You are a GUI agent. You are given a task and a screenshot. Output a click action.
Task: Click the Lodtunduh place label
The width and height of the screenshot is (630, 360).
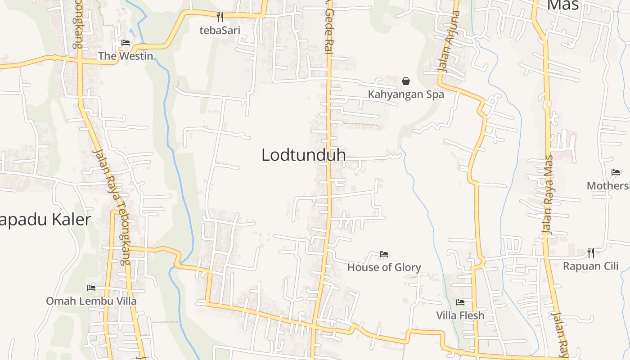click(x=304, y=155)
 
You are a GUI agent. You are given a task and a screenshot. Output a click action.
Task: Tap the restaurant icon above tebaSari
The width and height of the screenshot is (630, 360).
click(x=220, y=17)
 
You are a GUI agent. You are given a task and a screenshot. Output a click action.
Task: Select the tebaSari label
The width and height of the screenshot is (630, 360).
click(x=220, y=31)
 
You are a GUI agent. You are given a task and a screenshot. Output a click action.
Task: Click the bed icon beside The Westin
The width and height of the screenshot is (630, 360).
click(x=126, y=43)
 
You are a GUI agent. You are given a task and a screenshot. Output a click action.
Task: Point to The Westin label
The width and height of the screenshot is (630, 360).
click(x=126, y=56)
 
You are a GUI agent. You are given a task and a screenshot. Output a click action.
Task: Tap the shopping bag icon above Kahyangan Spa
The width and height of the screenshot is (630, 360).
click(x=406, y=81)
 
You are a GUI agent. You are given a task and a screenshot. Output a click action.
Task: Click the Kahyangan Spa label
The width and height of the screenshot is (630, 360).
click(x=406, y=94)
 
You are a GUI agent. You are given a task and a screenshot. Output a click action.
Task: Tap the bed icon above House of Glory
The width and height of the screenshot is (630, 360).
click(x=384, y=254)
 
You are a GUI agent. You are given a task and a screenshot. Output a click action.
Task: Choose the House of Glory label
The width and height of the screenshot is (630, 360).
click(x=384, y=267)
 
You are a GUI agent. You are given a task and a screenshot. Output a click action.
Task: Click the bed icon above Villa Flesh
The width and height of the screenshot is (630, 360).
click(x=460, y=302)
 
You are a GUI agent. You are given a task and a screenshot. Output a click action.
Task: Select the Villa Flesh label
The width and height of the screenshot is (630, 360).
click(x=460, y=315)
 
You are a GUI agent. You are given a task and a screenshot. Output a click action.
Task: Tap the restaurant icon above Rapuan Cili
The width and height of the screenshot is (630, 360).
click(x=591, y=252)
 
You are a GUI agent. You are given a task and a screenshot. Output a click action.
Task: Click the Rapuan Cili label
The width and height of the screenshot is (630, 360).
click(x=591, y=266)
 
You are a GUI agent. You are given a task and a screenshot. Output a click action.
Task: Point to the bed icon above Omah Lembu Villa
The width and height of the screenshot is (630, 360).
click(x=91, y=288)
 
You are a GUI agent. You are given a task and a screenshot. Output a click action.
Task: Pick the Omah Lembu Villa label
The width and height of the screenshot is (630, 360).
click(x=91, y=301)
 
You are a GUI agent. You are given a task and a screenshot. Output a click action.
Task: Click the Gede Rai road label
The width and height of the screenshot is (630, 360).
click(x=329, y=31)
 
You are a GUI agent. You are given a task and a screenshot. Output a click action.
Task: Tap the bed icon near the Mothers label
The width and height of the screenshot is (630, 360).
click(x=616, y=172)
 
